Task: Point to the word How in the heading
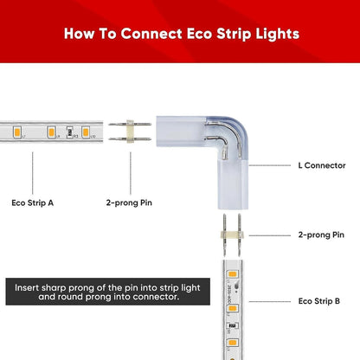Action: tap(79, 34)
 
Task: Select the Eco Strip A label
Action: tap(33, 203)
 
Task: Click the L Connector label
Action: tap(321, 164)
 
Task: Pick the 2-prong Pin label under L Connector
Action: tap(321, 234)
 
